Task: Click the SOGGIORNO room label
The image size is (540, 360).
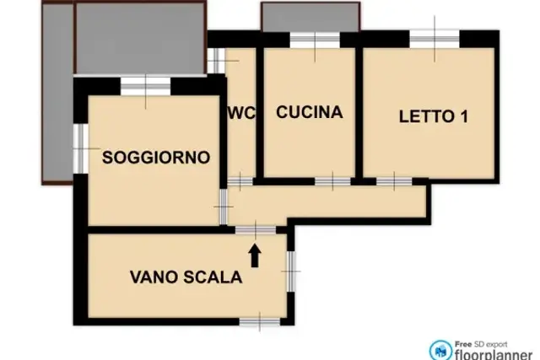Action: pos(156,158)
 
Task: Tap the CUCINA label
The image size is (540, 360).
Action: pos(310,112)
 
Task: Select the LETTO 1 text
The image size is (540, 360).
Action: pos(434,116)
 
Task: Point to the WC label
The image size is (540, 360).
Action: pos(241,112)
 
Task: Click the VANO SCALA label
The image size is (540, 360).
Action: pos(186,277)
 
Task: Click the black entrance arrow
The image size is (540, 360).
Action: pos(255,255)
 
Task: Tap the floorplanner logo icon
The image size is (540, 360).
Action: pos(440,351)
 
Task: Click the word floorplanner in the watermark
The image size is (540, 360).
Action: pos(493,354)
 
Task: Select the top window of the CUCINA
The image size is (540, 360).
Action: pos(315,40)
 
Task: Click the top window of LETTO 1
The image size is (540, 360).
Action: pos(435,39)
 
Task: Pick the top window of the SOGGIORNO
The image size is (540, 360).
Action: pos(146,86)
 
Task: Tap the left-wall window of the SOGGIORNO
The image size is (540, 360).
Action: pos(81,148)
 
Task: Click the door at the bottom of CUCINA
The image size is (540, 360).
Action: pos(332,181)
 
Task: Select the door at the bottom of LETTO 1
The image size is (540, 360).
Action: pos(394,181)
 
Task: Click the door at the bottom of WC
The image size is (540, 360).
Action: pos(240,181)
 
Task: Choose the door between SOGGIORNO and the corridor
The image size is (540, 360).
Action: pos(224,207)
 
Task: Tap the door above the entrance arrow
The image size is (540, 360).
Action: pos(256,230)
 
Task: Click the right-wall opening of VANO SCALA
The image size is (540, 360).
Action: pos(291,271)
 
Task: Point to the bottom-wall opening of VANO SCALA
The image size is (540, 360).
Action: pos(260,322)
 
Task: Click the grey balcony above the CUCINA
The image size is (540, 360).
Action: pos(310,17)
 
